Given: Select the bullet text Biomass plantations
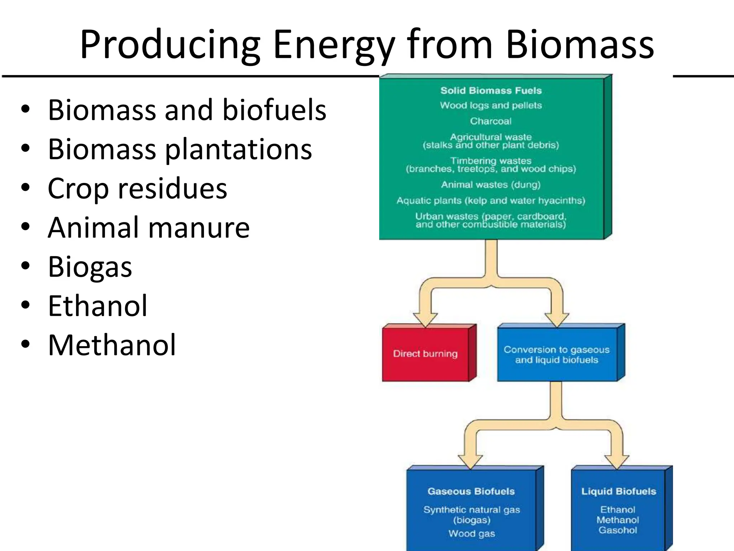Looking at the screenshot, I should click(x=180, y=149).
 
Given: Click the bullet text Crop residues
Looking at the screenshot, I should click(x=137, y=189).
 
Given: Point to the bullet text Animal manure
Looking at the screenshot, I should click(x=149, y=228).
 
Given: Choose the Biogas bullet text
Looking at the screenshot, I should click(x=90, y=267).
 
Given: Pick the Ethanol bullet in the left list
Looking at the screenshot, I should click(x=97, y=306).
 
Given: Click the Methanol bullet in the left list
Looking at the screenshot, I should click(x=112, y=345).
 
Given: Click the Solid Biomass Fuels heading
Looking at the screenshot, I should click(x=491, y=90).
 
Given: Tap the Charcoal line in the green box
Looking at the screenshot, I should click(x=491, y=121).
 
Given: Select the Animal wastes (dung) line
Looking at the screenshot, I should click(x=491, y=185).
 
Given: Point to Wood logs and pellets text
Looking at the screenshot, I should click(x=491, y=105).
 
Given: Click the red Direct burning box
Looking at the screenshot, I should click(x=425, y=354).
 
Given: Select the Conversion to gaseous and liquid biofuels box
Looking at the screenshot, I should click(x=557, y=354).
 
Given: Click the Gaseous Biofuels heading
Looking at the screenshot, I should click(x=471, y=491).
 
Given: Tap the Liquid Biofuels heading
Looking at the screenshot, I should click(x=618, y=491).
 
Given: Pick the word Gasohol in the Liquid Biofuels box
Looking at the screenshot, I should click(x=618, y=530).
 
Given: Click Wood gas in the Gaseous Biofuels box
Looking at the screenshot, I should click(x=471, y=534).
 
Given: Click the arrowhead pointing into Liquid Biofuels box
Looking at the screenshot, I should click(x=616, y=461).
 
